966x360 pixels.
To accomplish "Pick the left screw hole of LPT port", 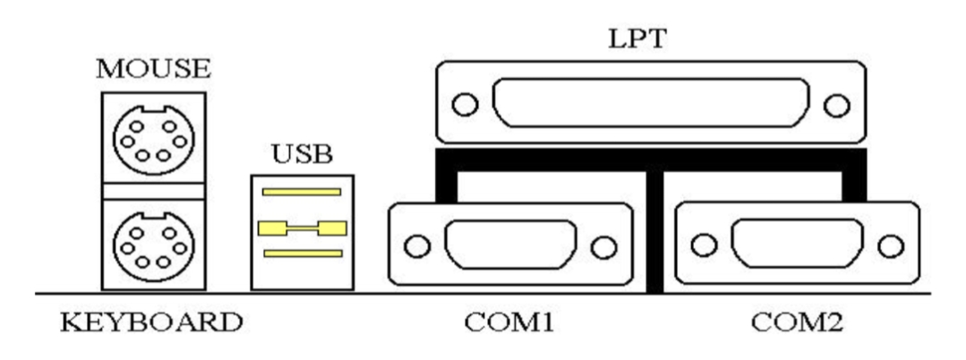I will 463,106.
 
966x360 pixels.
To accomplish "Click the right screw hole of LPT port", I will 838,106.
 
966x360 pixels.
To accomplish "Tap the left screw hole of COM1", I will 415,244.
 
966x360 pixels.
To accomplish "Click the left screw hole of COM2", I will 704,244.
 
